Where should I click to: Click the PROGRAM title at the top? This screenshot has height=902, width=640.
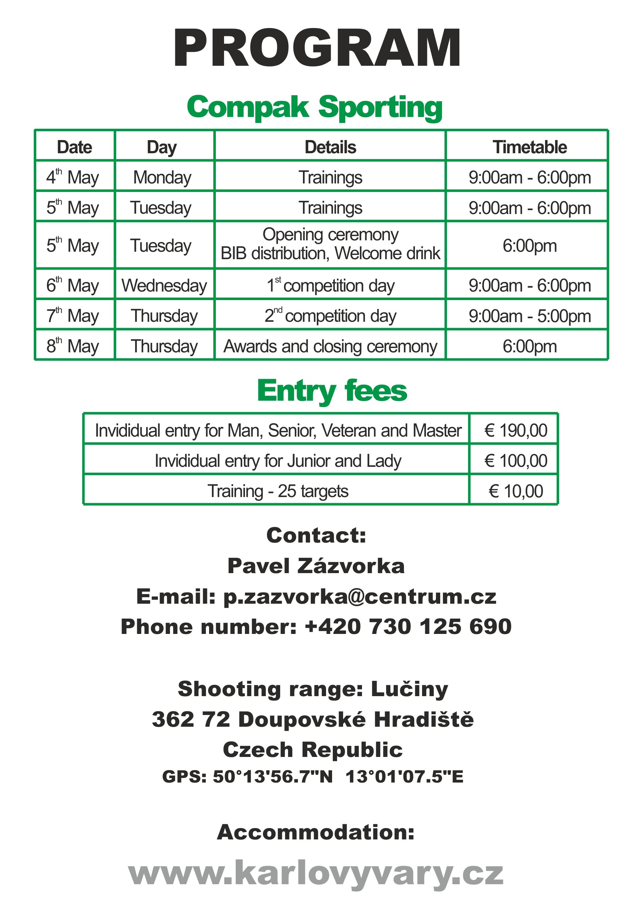[317, 49]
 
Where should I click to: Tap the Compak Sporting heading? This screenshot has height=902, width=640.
[314, 107]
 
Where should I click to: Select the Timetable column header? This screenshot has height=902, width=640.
[529, 147]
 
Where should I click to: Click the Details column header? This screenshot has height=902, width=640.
[330, 147]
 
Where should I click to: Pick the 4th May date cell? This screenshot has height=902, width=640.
[73, 177]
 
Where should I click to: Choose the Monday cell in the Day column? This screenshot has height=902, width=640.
[162, 177]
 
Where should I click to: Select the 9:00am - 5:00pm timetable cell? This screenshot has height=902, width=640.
[529, 316]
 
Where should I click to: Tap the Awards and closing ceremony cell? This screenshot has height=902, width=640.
[330, 346]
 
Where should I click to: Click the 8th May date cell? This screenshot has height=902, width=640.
[73, 346]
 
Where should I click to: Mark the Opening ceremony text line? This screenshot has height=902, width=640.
[330, 235]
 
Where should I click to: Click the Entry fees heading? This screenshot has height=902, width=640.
[332, 391]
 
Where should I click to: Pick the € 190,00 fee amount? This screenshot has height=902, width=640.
[516, 430]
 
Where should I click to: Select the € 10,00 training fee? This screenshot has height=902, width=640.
[516, 491]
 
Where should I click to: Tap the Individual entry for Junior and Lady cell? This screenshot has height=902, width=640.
[278, 461]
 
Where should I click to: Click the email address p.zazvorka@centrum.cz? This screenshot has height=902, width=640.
[359, 596]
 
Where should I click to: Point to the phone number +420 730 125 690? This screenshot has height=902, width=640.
[408, 626]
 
